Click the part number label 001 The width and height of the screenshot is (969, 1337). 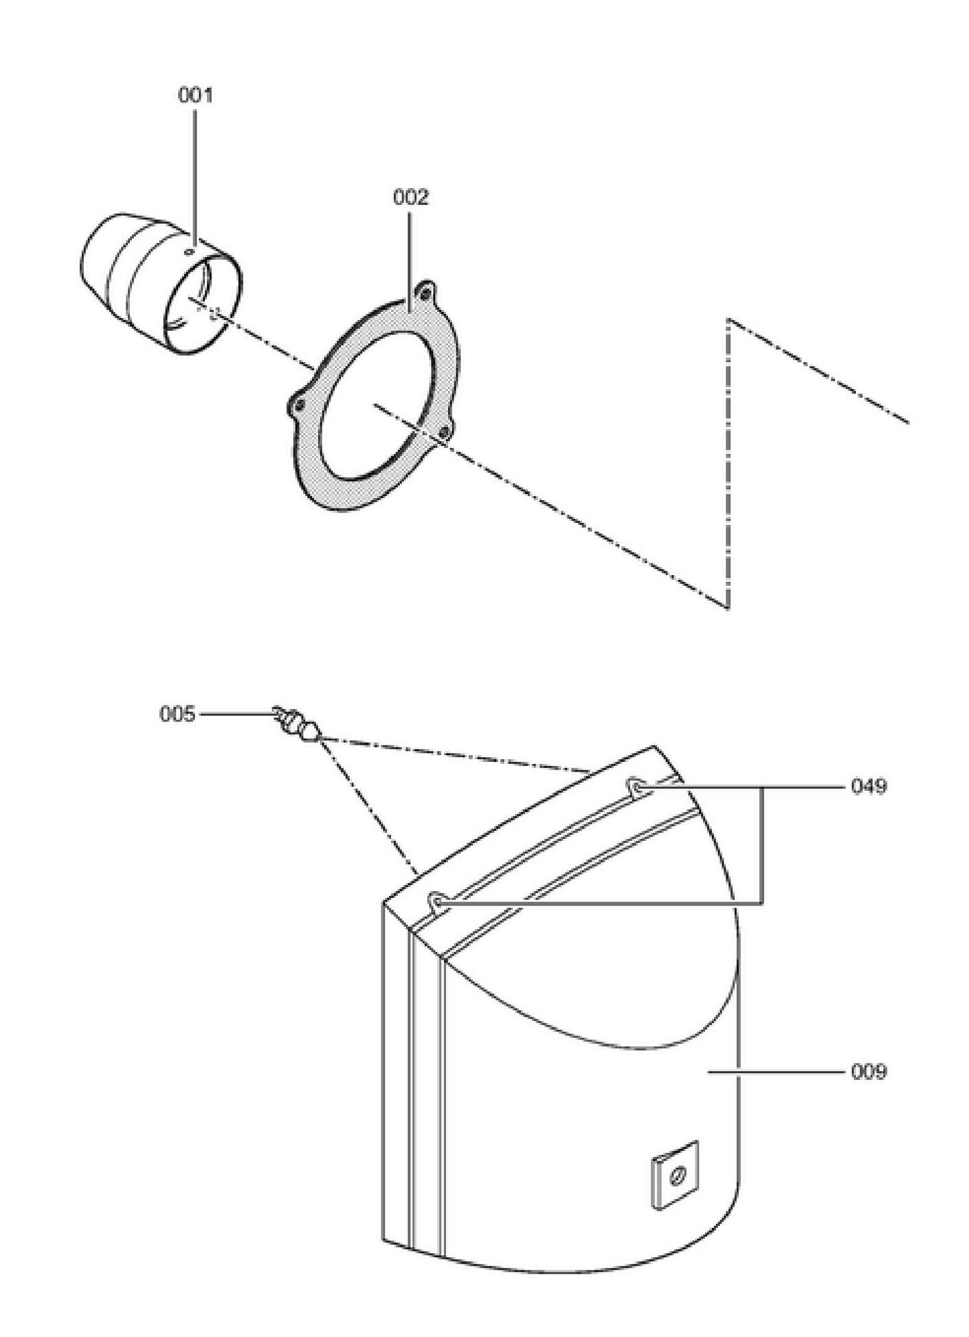(x=195, y=95)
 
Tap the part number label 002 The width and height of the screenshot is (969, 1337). (x=410, y=197)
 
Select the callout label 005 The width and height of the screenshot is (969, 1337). (x=177, y=714)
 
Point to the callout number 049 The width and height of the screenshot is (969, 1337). (x=869, y=786)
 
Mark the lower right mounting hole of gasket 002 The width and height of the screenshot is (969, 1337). (x=443, y=432)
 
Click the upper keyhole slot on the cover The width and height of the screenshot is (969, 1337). (x=636, y=786)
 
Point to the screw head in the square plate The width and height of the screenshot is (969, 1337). (x=676, y=1175)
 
